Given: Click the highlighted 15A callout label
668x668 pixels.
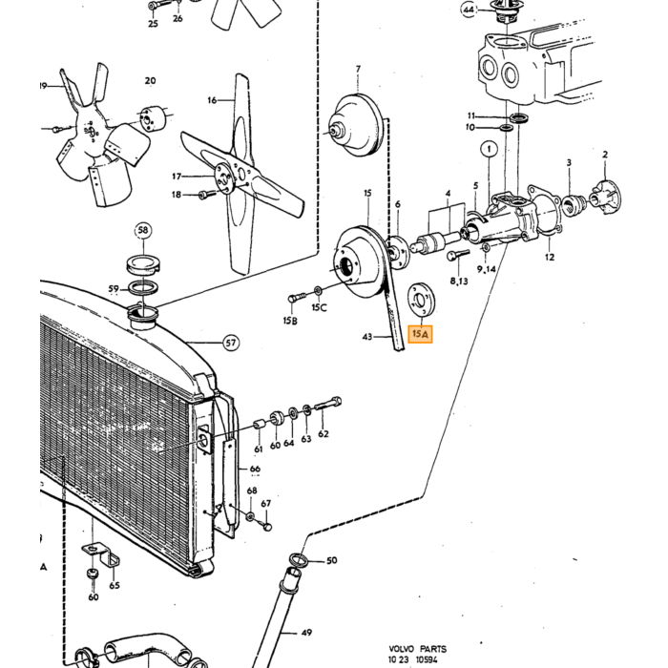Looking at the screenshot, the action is [420, 334].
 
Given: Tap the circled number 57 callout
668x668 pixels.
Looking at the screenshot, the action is [231, 343].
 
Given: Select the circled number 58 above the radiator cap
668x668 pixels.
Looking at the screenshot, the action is [143, 231].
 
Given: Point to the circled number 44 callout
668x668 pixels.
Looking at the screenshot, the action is [469, 10].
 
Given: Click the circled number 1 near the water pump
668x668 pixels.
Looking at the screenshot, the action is [489, 149].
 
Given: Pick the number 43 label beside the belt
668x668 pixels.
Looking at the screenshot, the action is [367, 337].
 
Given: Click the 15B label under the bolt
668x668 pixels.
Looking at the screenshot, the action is [290, 321].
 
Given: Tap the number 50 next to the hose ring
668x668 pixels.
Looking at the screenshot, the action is [332, 561].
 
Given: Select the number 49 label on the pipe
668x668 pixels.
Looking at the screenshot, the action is [306, 633].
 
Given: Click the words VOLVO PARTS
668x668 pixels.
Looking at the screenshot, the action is [418, 649].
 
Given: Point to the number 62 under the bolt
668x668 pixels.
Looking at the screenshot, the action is [324, 433].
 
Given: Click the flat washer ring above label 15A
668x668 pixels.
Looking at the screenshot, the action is [422, 300].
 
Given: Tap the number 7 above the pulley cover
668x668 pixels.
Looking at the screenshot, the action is [358, 69].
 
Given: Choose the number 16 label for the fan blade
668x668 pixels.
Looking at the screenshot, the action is [212, 100].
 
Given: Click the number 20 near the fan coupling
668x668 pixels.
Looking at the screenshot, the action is [150, 80].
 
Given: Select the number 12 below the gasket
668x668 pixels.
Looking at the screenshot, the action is [550, 257].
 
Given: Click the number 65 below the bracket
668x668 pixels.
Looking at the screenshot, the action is [115, 585].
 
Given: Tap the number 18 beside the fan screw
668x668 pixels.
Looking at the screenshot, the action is [177, 195].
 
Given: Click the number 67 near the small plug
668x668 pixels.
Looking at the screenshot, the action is [266, 504].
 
